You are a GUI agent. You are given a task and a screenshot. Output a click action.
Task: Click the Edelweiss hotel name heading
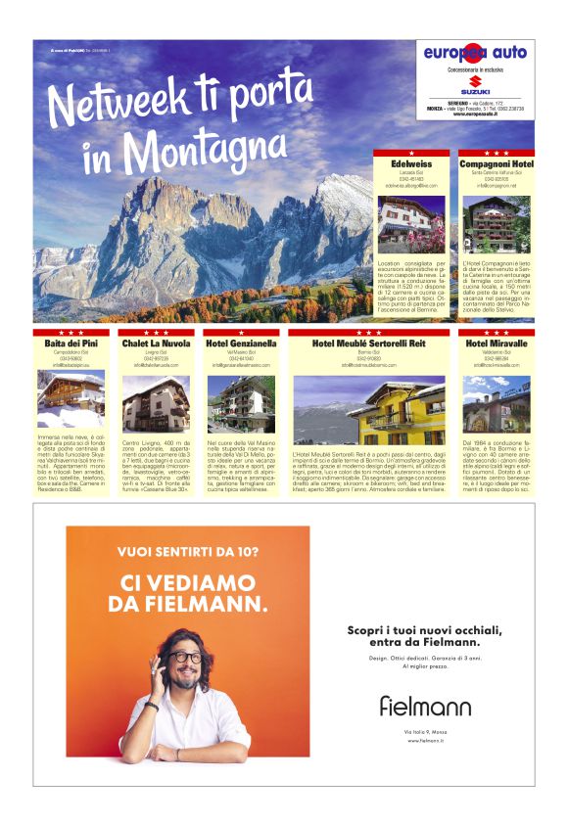click(x=411, y=164)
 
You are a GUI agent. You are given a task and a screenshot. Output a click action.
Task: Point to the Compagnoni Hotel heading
click(x=497, y=164)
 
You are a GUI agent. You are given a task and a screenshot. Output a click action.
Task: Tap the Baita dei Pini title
click(x=71, y=344)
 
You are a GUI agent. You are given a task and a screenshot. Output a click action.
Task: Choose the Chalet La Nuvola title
click(x=157, y=344)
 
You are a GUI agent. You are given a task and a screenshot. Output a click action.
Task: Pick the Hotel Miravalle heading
click(x=497, y=344)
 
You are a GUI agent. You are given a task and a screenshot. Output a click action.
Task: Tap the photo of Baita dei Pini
click(x=71, y=401)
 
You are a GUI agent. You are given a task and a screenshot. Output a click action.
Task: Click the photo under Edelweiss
click(x=411, y=224)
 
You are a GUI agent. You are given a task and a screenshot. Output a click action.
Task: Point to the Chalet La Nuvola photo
click(x=157, y=403)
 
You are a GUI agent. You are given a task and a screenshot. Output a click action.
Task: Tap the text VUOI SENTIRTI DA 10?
click(x=188, y=552)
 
